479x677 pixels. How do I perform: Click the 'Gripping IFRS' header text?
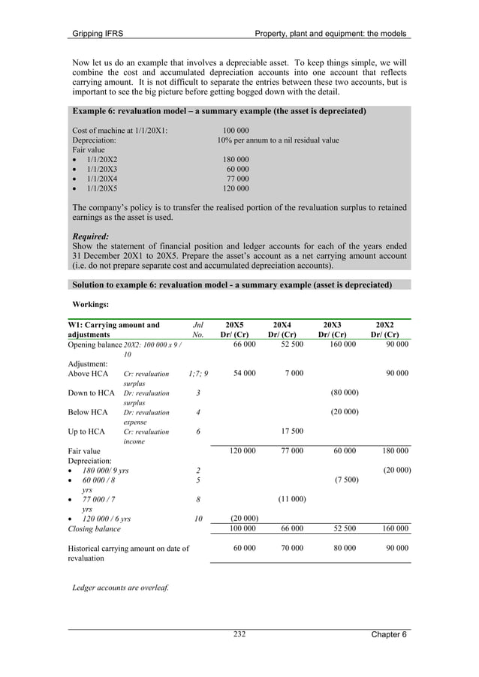click(x=97, y=34)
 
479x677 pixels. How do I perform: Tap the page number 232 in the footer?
click(x=239, y=634)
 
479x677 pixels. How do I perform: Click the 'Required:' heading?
click(x=91, y=235)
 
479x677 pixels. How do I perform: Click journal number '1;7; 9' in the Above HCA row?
click(x=198, y=373)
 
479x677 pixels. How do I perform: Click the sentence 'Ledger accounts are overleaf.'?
click(x=120, y=587)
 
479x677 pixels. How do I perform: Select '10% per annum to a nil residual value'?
click(x=278, y=140)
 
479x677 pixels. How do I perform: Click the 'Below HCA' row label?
click(x=88, y=412)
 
